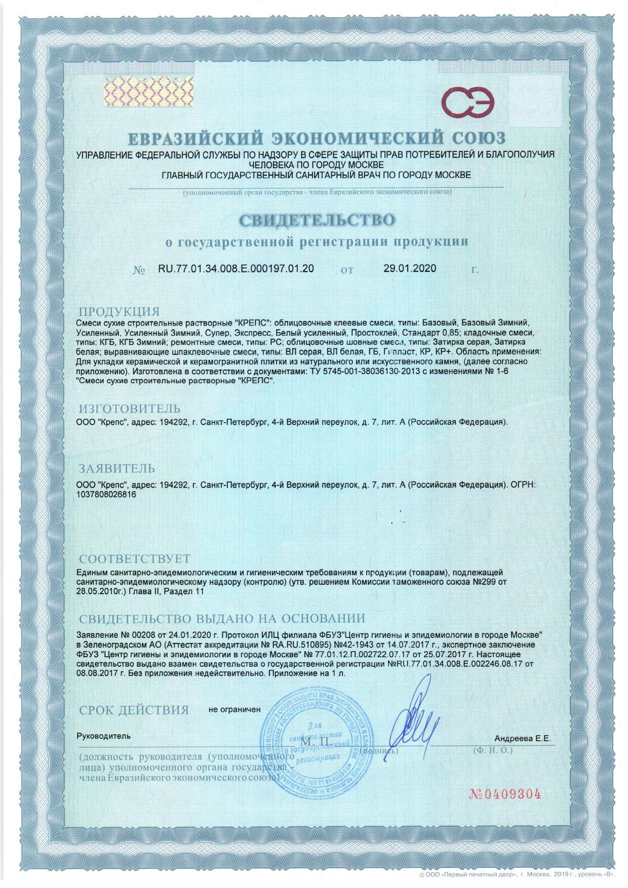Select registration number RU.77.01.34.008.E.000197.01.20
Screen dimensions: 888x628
pyautogui.click(x=236, y=269)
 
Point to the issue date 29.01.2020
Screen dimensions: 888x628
pyautogui.click(x=410, y=269)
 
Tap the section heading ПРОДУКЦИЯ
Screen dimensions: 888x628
pyautogui.click(x=119, y=311)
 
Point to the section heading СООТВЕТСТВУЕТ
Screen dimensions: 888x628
pyautogui.click(x=134, y=559)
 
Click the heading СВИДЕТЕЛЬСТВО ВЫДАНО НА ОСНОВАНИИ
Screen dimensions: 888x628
pyautogui.click(x=222, y=619)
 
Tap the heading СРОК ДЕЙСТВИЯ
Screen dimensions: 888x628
pyautogui.click(x=134, y=710)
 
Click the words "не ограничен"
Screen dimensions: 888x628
pyautogui.click(x=234, y=709)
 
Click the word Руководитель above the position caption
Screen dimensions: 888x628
pyautogui.click(x=103, y=736)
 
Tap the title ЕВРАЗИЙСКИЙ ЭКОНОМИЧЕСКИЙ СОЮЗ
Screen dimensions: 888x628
pyautogui.click(x=316, y=138)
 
